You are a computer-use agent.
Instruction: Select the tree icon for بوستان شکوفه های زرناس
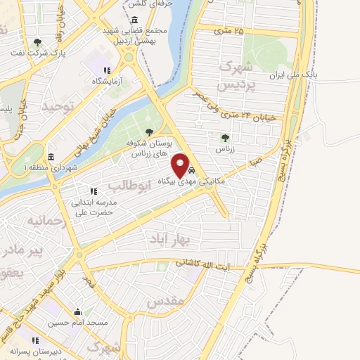tap(148, 131)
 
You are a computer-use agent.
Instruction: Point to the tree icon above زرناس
tap(225, 138)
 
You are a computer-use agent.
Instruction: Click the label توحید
tap(57, 106)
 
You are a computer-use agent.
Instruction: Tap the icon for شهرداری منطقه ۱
tap(51, 157)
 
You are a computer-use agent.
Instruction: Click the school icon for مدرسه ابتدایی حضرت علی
tap(92, 191)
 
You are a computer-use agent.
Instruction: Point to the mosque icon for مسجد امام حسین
tap(78, 313)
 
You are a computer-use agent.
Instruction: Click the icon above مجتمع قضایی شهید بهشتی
tap(134, 20)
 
